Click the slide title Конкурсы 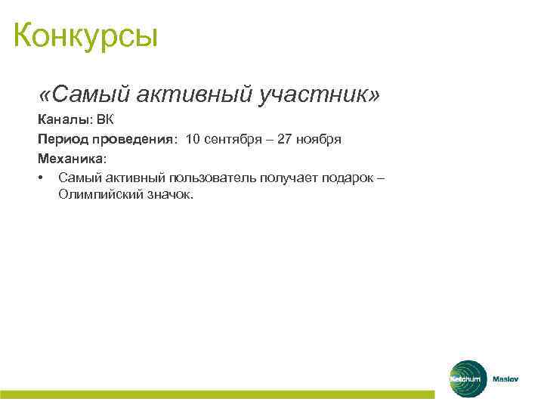pyautogui.click(x=85, y=36)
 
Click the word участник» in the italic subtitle pyautogui.click(x=320, y=95)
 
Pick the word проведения pyautogui.click(x=134, y=140)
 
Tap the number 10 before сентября pyautogui.click(x=193, y=140)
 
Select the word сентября pyautogui.click(x=233, y=140)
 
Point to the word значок pyautogui.click(x=167, y=195)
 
